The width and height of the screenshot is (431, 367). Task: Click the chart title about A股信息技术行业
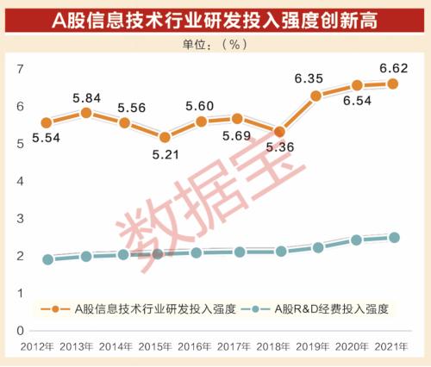click(x=215, y=18)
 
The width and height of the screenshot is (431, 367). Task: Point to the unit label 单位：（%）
click(x=215, y=45)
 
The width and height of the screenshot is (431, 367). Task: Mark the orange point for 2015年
click(x=164, y=137)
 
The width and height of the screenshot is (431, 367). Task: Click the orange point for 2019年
click(x=315, y=96)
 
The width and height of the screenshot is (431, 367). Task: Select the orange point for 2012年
click(x=48, y=123)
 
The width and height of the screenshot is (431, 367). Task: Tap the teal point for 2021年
click(x=394, y=237)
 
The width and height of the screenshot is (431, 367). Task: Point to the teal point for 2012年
click(x=48, y=258)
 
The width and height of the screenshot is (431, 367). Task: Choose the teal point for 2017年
click(x=239, y=252)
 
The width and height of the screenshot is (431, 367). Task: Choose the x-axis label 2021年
click(x=392, y=346)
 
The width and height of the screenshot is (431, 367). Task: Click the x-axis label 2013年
click(x=86, y=346)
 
